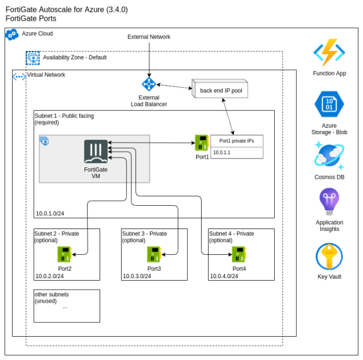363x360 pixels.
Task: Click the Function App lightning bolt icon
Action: coord(330,53)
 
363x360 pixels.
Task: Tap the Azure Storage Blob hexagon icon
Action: coord(330,104)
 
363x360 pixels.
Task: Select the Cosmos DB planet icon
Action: coord(329,155)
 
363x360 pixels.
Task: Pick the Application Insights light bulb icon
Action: coord(329,203)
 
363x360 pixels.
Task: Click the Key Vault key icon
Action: coord(329,257)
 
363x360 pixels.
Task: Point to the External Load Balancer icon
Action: coord(149,84)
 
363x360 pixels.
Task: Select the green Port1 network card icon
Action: coord(202,142)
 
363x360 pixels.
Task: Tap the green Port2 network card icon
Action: coord(65,254)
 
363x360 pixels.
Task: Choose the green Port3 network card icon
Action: coord(154,254)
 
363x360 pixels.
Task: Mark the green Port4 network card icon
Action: coord(239,254)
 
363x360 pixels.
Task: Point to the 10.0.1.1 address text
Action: coord(222,152)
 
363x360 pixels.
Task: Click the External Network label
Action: coord(149,37)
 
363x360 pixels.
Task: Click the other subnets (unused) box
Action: coord(67,305)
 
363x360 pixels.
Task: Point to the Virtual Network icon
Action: coord(19,77)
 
